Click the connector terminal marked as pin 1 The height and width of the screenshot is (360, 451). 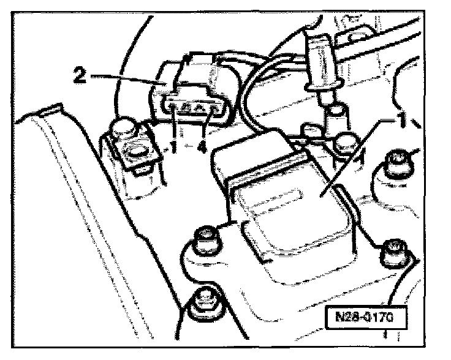[x=176, y=110]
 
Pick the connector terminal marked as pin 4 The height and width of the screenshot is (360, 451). [x=211, y=110]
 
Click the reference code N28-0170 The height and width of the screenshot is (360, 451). [x=364, y=320]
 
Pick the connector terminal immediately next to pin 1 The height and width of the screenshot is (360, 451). [x=188, y=110]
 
